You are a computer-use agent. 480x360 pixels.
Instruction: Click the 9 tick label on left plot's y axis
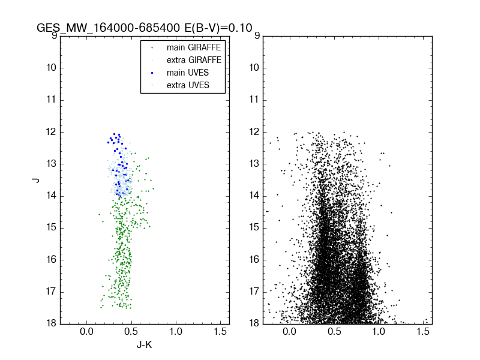click(53, 35)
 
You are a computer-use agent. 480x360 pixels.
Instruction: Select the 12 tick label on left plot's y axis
click(51, 131)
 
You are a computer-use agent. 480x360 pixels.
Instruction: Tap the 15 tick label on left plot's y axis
click(51, 227)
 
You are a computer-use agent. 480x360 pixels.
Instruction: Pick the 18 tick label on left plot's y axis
click(51, 323)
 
